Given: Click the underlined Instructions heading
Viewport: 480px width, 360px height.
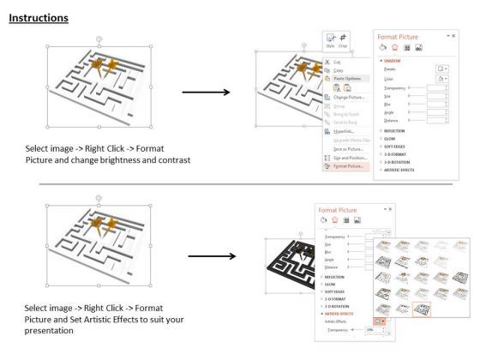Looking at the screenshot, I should [x=39, y=17].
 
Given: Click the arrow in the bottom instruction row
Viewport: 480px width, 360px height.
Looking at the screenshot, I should [x=211, y=255].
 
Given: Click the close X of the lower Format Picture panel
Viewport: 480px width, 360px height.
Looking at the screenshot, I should [x=392, y=210].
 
